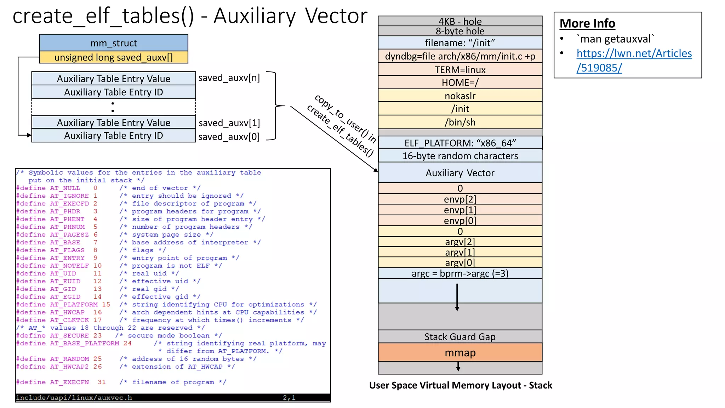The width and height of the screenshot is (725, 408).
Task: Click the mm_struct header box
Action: coord(113,43)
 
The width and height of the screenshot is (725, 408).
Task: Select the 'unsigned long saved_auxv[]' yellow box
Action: coord(113,57)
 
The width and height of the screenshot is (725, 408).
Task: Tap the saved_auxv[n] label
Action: coord(229,78)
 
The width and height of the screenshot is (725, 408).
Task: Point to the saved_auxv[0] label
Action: coord(229,137)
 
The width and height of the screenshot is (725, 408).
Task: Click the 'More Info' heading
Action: coord(587,23)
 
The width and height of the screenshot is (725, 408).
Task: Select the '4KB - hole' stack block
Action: coord(460,21)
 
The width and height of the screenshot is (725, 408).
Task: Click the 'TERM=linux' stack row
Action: coord(460,70)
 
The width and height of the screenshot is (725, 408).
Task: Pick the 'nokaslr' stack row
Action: coord(460,96)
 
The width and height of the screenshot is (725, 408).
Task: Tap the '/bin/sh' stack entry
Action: coord(460,122)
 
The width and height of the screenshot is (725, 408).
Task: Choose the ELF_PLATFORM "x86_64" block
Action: coord(460,143)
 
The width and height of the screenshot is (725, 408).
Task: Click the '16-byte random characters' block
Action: coord(460,156)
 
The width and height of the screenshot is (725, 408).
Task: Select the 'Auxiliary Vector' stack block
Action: coord(460,173)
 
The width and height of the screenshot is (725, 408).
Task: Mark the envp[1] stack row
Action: coord(460,210)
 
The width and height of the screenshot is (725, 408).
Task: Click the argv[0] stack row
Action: coord(460,263)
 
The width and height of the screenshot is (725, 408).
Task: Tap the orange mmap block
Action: coord(460,353)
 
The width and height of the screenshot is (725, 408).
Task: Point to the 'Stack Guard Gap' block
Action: coord(460,337)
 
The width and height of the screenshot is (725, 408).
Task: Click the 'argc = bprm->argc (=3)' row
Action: coord(460,273)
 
